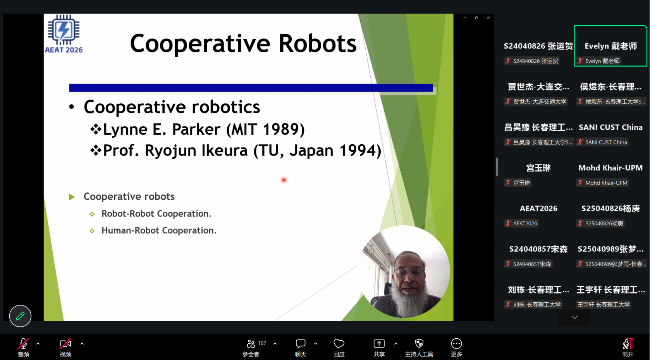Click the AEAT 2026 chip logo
coord(64,30)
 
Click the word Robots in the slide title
coord(318,43)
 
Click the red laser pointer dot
coord(284,180)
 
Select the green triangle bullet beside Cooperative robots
coord(72,197)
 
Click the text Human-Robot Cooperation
coord(159,230)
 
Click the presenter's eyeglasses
coord(409,272)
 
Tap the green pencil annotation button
coord(20,316)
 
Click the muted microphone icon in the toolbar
coord(23,343)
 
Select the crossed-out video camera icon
coord(65,343)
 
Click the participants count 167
coord(262,343)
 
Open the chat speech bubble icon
coord(300,343)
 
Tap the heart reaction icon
coord(339,343)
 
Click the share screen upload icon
coord(379,343)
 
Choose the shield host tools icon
coord(419,343)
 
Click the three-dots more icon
coord(456,343)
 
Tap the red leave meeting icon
coord(628,343)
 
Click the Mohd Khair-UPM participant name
coord(610,168)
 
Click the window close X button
coord(488,18)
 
